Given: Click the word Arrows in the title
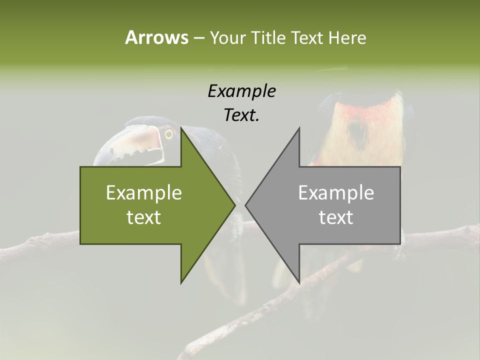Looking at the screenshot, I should click(x=156, y=37).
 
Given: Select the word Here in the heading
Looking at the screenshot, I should click(x=347, y=38).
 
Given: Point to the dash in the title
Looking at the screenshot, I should click(x=198, y=38).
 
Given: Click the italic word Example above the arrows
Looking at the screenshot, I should click(x=241, y=91).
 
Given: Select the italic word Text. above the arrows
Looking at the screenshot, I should click(x=241, y=115).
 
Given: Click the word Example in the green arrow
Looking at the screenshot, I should click(x=144, y=192).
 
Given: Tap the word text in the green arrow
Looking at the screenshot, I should click(x=144, y=217).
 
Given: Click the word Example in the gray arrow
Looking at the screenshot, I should click(x=336, y=192).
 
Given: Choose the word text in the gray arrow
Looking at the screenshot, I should click(x=336, y=217).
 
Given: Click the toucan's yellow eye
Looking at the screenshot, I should click(x=168, y=134).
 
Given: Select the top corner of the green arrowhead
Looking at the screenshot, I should click(x=181, y=129).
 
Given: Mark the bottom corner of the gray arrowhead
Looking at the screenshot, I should click(x=299, y=282).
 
